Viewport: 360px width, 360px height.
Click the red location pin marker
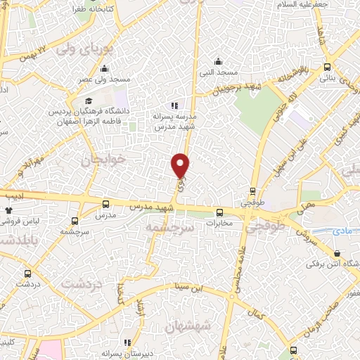pyautogui.click(x=181, y=165)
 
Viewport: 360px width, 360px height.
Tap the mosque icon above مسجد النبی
pyautogui.click(x=219, y=60)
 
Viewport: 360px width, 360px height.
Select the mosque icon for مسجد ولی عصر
pyautogui.click(x=104, y=68)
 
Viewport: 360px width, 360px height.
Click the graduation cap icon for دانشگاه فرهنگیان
pyautogui.click(x=88, y=102)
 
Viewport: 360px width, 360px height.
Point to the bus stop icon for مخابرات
pyautogui.click(x=220, y=212)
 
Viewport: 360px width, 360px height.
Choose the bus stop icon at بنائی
pyautogui.click(x=327, y=67)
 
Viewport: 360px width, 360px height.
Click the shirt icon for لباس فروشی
pyautogui.click(x=8, y=210)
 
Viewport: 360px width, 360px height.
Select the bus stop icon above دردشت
pyautogui.click(x=27, y=273)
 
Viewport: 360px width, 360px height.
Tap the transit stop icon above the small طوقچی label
pyautogui.click(x=253, y=191)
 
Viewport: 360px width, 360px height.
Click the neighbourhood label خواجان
pyautogui.click(x=106, y=160)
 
